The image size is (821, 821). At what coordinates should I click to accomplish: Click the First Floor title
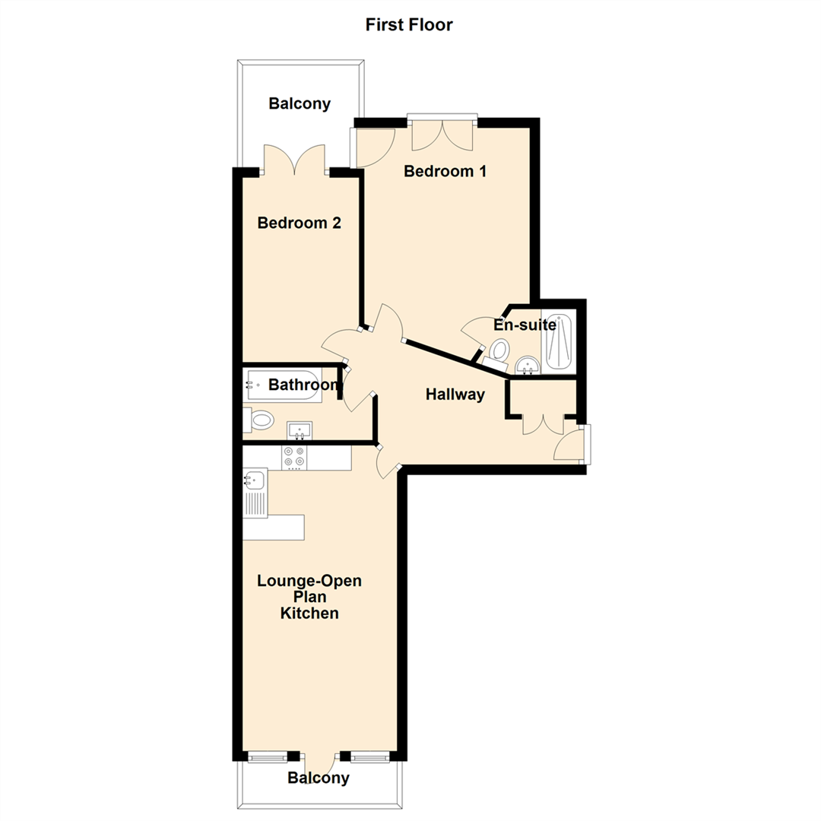coord(409,25)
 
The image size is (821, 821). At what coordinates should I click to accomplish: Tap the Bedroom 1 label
coord(445,171)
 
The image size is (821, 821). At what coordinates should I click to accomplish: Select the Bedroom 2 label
coord(299,223)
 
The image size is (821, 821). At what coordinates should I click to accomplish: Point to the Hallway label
coord(455,395)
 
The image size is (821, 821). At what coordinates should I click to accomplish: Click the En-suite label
coord(525,325)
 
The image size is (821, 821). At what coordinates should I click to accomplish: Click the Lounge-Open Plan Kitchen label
coord(309,597)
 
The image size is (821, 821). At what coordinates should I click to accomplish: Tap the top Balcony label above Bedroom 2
coord(300,104)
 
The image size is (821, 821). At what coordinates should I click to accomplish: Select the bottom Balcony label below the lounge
coord(319,778)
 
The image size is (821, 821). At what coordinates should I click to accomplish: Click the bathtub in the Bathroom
coord(283,385)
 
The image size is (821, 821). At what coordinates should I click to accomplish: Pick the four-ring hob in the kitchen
coord(294,457)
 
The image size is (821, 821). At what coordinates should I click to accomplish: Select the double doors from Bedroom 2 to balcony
coord(295,160)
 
